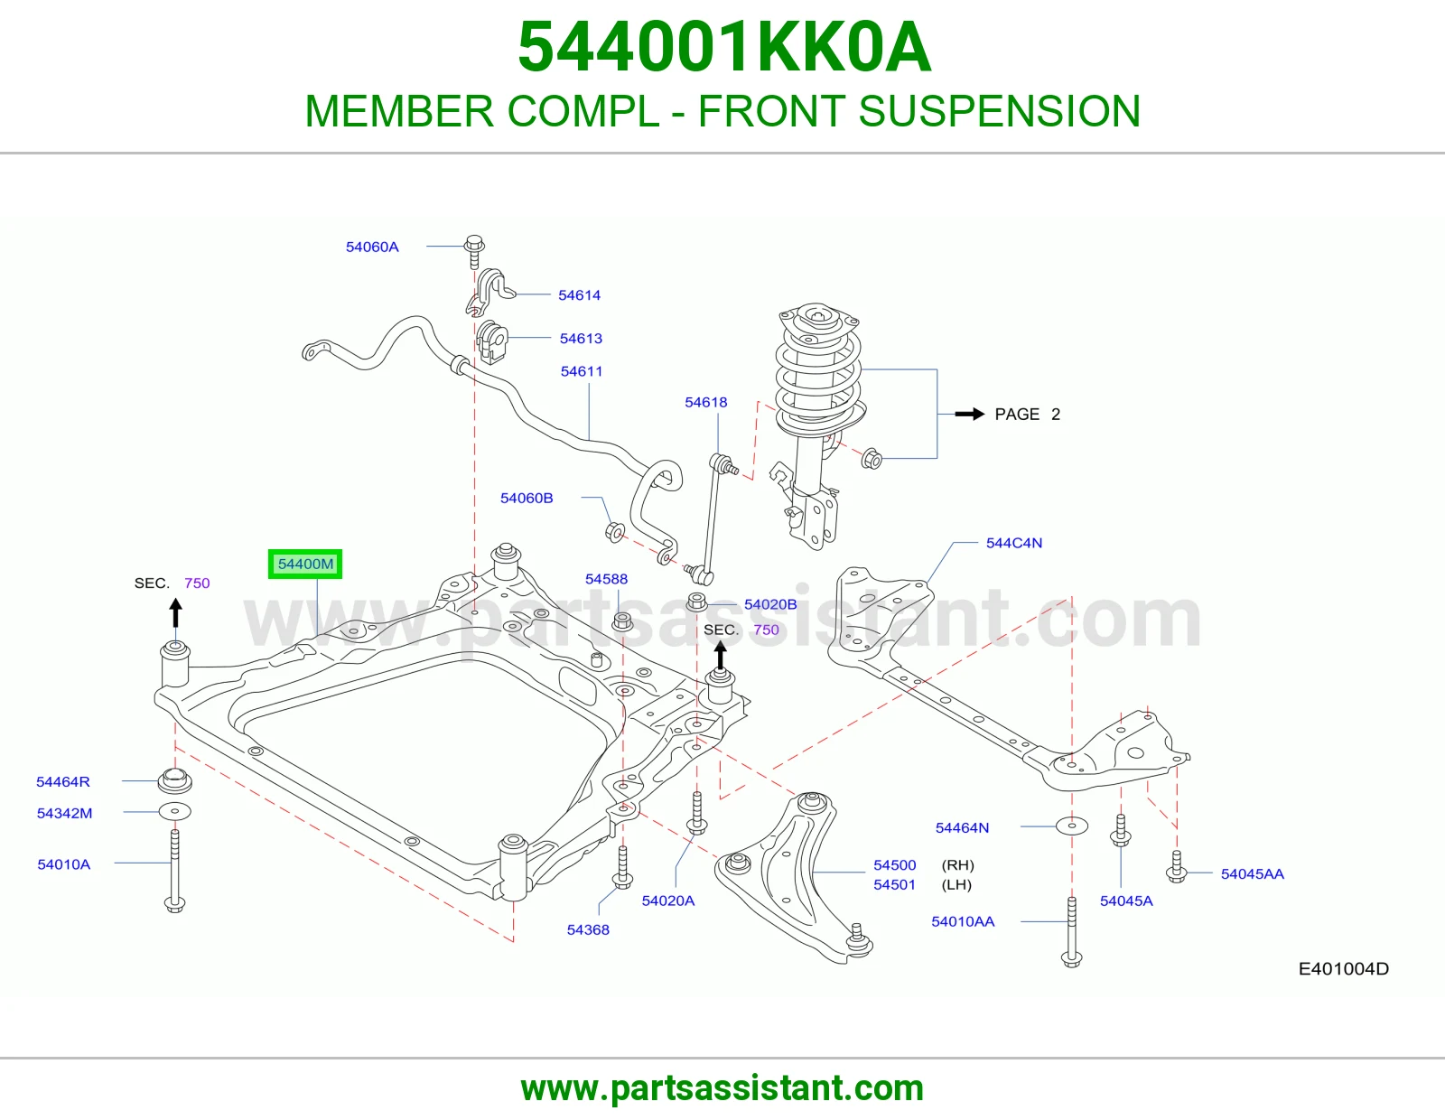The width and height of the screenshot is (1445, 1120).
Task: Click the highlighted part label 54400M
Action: pyautogui.click(x=305, y=564)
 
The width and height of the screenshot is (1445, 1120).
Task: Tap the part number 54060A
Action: pyautogui.click(x=372, y=247)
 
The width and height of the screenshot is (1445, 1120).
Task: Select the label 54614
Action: pyautogui.click(x=579, y=295)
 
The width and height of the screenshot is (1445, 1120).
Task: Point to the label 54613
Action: pyautogui.click(x=581, y=339)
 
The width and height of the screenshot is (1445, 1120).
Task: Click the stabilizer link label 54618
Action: pyautogui.click(x=705, y=402)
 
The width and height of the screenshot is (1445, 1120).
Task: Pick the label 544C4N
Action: pyautogui.click(x=1013, y=543)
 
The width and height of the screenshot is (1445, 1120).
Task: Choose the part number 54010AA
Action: pyautogui.click(x=962, y=921)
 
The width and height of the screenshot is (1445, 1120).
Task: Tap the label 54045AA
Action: pyautogui.click(x=1252, y=874)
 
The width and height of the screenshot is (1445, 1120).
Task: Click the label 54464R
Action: pyautogui.click(x=62, y=781)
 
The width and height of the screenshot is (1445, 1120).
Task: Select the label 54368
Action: pyautogui.click(x=588, y=929)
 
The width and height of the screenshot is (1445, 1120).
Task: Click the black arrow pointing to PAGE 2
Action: pyautogui.click(x=970, y=415)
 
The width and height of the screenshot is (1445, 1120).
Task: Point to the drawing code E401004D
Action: pyautogui.click(x=1343, y=969)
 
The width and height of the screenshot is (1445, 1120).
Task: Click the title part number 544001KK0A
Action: pyautogui.click(x=724, y=47)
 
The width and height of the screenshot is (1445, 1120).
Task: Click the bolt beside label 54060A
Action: pyautogui.click(x=473, y=251)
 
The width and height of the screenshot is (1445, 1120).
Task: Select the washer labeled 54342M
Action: pyautogui.click(x=175, y=811)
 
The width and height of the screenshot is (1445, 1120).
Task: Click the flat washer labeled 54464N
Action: pyautogui.click(x=1071, y=826)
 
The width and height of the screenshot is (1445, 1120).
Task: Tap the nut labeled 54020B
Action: pyautogui.click(x=696, y=602)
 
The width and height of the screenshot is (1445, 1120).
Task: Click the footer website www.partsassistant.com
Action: pyautogui.click(x=722, y=1088)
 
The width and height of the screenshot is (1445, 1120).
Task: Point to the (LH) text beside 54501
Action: pyautogui.click(x=957, y=884)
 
